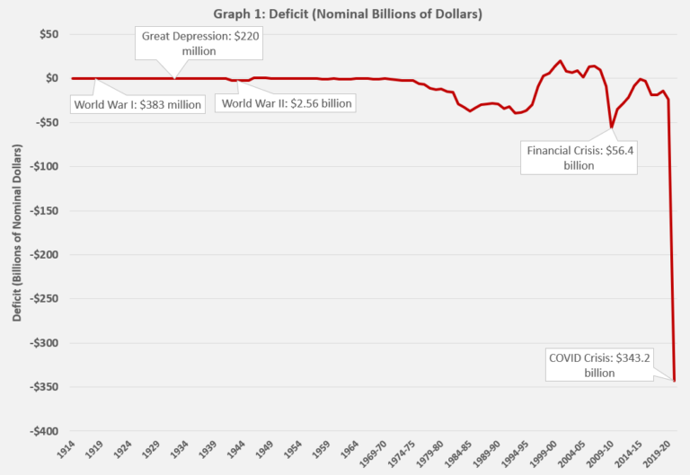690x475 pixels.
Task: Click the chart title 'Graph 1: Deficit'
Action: click(x=344, y=13)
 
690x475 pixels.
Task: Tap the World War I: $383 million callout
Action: click(x=137, y=103)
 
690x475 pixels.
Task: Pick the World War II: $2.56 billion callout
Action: click(x=287, y=103)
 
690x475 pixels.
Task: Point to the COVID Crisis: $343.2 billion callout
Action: click(x=599, y=365)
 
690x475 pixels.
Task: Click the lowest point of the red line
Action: click(x=674, y=381)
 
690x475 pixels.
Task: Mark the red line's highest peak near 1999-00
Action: click(x=561, y=61)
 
